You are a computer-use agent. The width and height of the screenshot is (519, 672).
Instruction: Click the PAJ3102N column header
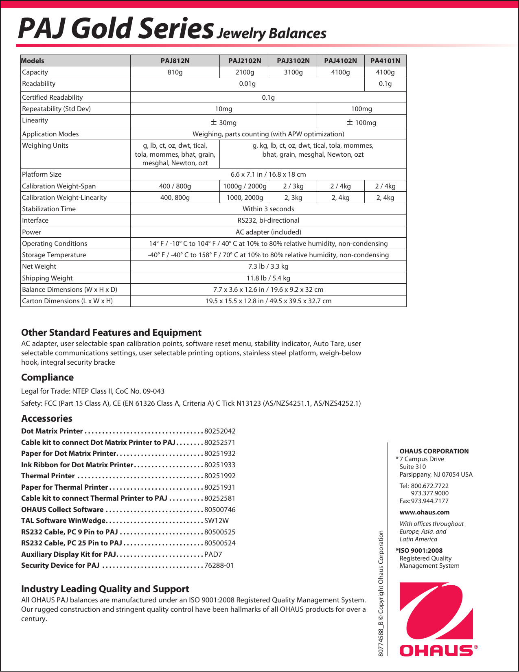click(x=293, y=61)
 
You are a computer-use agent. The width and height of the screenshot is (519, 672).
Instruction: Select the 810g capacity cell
click(x=175, y=72)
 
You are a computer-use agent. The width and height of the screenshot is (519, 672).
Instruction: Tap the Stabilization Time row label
click(x=49, y=209)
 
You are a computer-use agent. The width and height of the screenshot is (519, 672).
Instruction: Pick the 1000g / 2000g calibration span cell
click(x=245, y=186)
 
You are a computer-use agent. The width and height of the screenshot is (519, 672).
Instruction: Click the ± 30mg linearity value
click(x=223, y=122)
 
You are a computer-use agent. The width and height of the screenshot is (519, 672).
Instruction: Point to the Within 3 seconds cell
click(x=268, y=209)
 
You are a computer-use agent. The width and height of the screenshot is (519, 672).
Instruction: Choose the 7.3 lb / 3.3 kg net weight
click(x=268, y=266)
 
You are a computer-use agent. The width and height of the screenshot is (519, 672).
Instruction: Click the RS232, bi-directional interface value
click(x=268, y=220)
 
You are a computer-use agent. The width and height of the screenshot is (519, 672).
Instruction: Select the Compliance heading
click(x=47, y=377)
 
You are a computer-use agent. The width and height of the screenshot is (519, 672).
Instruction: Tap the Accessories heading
click(x=47, y=418)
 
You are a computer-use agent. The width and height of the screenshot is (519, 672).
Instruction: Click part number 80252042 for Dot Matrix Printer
click(x=220, y=431)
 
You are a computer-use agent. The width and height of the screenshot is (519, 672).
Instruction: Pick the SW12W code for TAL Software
click(x=217, y=521)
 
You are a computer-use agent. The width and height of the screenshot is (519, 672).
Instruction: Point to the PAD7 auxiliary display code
click(x=213, y=554)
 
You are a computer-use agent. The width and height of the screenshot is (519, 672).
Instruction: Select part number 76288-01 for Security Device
click(x=219, y=565)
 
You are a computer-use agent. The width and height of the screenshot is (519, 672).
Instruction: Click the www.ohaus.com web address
click(x=425, y=512)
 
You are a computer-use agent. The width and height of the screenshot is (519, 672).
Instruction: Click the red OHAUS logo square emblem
click(x=436, y=611)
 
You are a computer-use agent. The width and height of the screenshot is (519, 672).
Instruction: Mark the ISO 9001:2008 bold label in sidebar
click(x=420, y=551)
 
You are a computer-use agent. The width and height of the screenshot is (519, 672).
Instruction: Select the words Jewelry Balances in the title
click(x=271, y=33)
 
